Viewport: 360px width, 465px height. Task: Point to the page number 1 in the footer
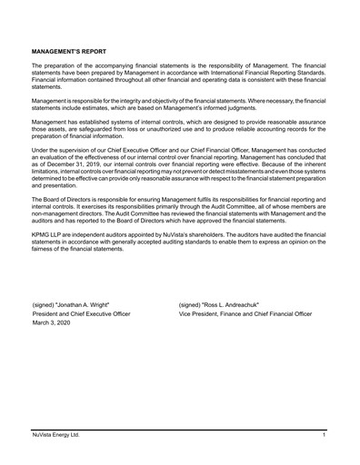325,437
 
